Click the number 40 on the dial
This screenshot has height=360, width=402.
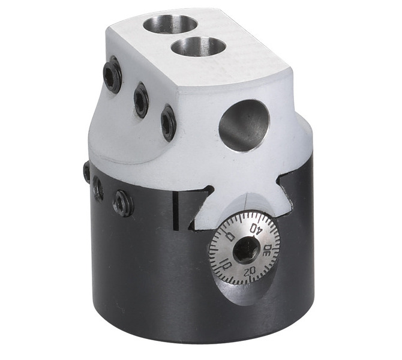tap(257, 228)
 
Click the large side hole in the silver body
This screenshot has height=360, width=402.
tap(244, 125)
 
